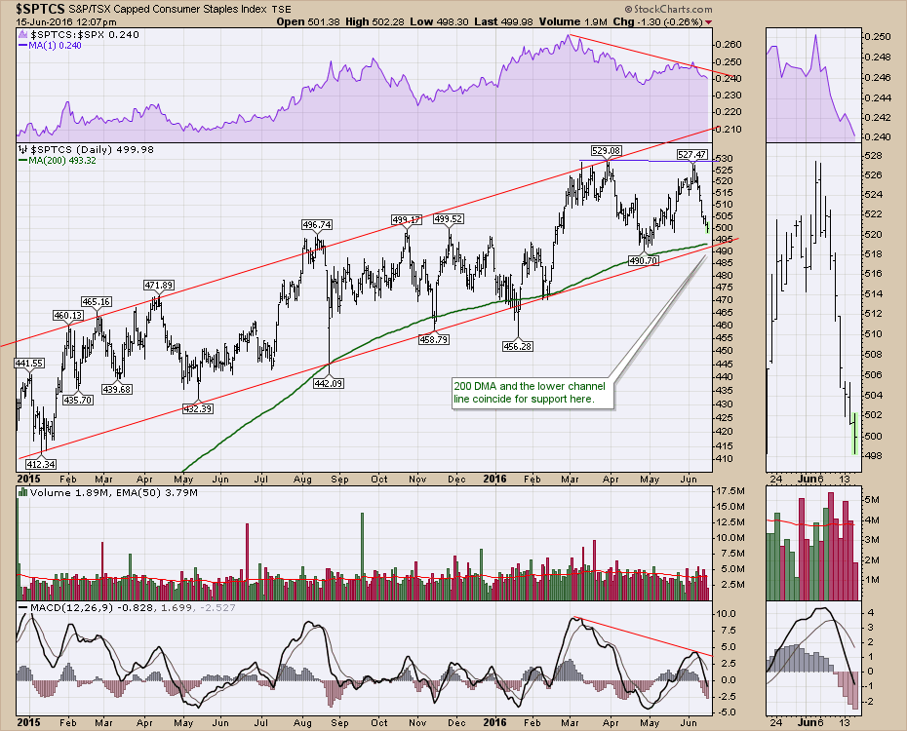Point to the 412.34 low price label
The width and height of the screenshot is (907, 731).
(x=35, y=463)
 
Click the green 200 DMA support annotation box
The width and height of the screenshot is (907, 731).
(x=529, y=393)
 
